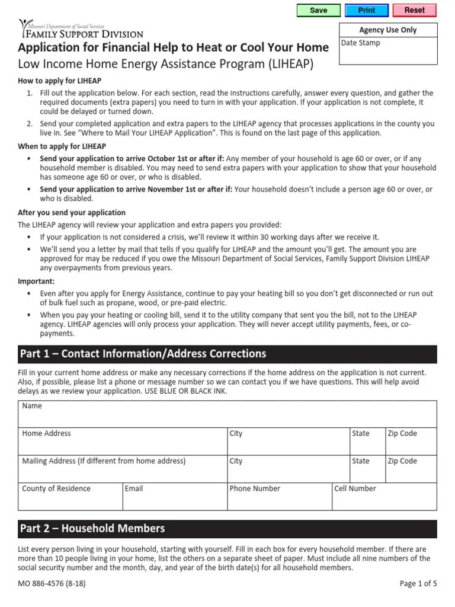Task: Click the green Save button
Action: pyautogui.click(x=318, y=10)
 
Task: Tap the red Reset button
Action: pyautogui.click(x=414, y=10)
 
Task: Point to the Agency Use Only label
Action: pyautogui.click(x=388, y=30)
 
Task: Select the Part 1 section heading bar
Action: pyautogui.click(x=227, y=354)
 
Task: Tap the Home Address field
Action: pyautogui.click(x=123, y=442)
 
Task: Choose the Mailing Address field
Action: pyautogui.click(x=123, y=469)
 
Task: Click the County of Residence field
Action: pyautogui.click(x=71, y=497)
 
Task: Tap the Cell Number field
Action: pyautogui.click(x=384, y=497)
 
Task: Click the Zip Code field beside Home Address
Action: pyautogui.click(x=411, y=442)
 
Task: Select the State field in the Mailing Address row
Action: pyautogui.click(x=367, y=469)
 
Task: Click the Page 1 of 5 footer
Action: pyautogui.click(x=418, y=583)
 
